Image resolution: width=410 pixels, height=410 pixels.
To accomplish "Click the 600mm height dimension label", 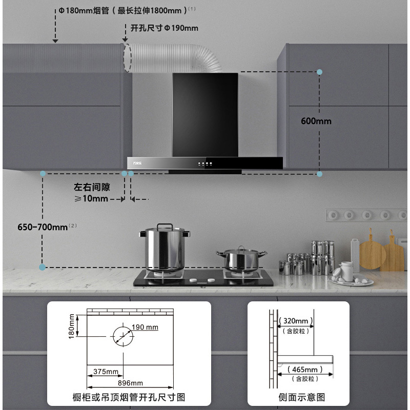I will tap(316, 121).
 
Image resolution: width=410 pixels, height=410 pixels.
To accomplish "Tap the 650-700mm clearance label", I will tap(43, 227).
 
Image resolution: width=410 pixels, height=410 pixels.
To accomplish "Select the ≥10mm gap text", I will tap(91, 199).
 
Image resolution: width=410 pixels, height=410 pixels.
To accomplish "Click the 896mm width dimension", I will tap(130, 383).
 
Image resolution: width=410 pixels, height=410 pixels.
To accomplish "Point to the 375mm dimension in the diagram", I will tap(106, 371).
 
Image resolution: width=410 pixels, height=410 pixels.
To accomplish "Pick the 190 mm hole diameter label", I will tap(145, 327).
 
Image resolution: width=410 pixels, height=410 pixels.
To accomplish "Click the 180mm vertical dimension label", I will tap(72, 326).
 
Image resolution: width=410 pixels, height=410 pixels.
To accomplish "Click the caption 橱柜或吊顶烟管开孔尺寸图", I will tap(129, 397).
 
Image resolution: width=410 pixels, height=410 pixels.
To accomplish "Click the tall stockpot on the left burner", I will tap(164, 249).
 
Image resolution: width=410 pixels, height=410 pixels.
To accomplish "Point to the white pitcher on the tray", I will tap(346, 271).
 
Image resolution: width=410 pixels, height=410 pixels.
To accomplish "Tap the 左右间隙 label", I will tap(92, 188).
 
